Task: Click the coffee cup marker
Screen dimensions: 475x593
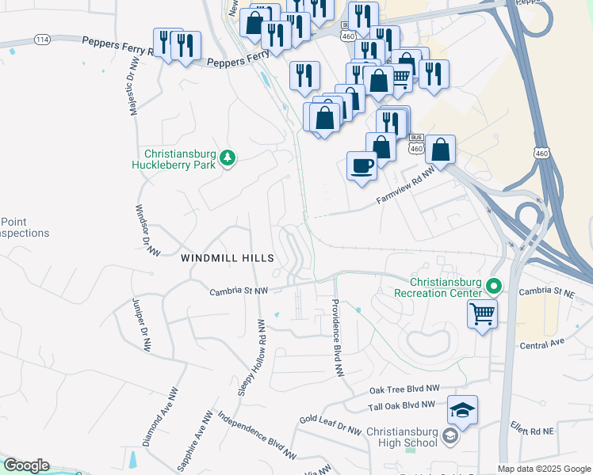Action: click(x=362, y=166)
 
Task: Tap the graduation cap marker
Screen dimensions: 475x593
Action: click(x=463, y=410)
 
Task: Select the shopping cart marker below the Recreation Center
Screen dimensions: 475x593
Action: click(x=482, y=314)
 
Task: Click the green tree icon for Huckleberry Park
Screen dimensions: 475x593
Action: click(x=228, y=158)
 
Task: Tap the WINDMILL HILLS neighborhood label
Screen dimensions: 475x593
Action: click(x=228, y=258)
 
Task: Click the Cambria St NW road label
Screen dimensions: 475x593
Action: click(x=239, y=291)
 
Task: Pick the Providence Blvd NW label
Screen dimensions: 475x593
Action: click(x=337, y=337)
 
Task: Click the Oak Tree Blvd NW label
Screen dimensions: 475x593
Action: click(x=404, y=389)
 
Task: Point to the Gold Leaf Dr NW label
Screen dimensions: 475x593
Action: click(x=330, y=423)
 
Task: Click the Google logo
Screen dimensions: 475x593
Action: click(x=26, y=466)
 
